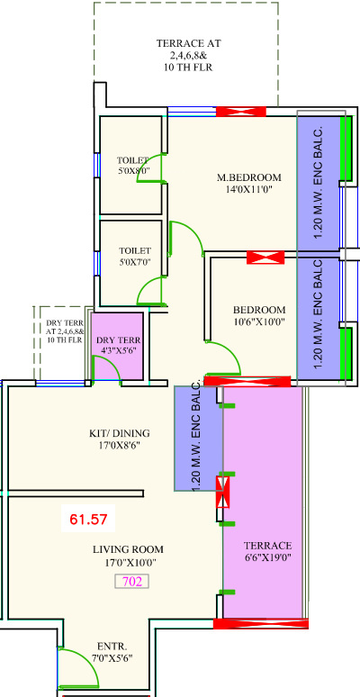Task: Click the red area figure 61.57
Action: tap(88, 519)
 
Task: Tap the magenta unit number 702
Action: tap(132, 582)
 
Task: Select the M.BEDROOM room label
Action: tap(249, 177)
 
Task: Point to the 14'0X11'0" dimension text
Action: tap(249, 189)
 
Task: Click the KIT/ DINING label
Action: tap(120, 433)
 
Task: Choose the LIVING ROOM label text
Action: tap(128, 549)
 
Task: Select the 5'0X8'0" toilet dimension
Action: tap(132, 170)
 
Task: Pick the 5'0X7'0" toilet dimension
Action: tap(135, 262)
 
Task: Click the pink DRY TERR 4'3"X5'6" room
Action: tap(117, 346)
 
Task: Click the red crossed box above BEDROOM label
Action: tap(265, 258)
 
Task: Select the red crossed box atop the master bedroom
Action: tap(241, 112)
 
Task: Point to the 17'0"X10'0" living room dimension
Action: tap(130, 562)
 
